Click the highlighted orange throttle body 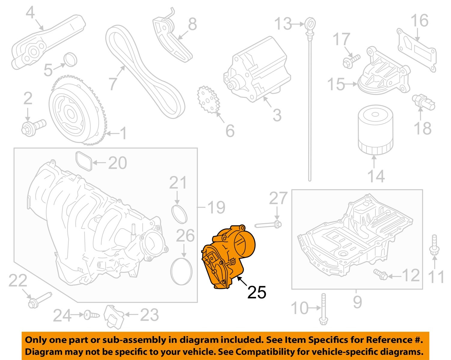229,256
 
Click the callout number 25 257,292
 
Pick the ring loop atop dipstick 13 310,23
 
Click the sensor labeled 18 424,102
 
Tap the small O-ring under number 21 179,214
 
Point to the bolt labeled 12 381,274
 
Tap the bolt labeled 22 39,299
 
